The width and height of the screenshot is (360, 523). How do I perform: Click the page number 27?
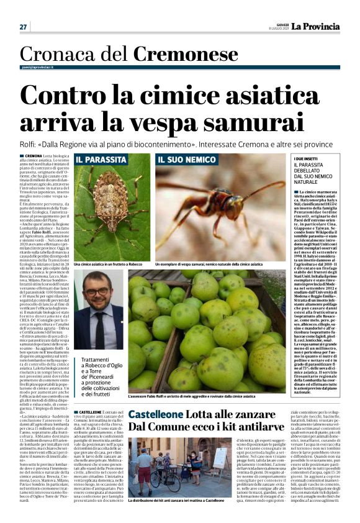23,27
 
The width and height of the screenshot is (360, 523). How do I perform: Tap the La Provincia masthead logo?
317,26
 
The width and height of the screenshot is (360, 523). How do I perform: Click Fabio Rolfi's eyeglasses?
98,296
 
